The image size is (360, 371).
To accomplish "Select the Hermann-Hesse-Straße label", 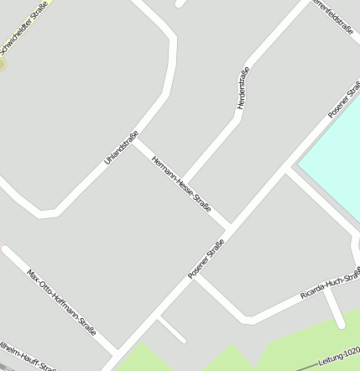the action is [x=181, y=184].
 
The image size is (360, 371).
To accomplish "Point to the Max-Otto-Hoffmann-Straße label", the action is [x=61, y=302].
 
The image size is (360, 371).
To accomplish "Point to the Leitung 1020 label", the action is [x=339, y=360].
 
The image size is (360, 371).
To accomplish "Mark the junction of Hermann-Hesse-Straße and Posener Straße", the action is [x=228, y=227].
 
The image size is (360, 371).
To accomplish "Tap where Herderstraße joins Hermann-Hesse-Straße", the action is [x=185, y=183].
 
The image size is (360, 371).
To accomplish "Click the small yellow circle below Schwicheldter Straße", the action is [x=2, y=64].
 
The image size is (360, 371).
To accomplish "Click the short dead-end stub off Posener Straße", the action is [x=171, y=328].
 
